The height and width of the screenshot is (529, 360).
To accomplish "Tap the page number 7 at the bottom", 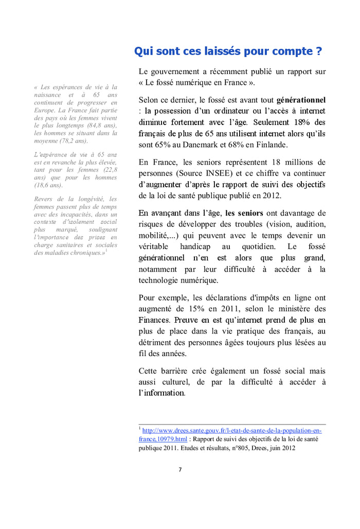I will click(x=180, y=469).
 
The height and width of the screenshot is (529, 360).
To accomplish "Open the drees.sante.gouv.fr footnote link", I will click(x=231, y=431).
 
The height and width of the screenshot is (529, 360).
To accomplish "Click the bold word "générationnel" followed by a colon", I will click(x=301, y=99).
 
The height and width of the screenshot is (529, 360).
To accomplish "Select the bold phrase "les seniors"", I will click(x=244, y=213).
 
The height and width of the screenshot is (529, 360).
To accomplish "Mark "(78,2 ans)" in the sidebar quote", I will click(x=73, y=140).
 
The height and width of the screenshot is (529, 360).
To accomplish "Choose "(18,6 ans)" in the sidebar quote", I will click(x=49, y=185).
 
